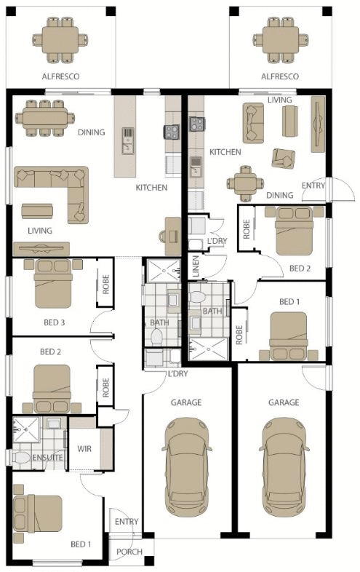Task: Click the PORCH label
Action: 129,552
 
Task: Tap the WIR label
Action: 84,448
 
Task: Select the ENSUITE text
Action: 47,458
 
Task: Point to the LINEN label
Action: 196,266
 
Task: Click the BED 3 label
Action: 54,322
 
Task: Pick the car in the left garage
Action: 186,467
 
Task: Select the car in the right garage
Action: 284,467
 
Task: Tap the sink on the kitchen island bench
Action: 127,140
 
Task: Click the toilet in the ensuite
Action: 21,458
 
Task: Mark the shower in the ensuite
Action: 26,430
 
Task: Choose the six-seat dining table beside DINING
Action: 45,118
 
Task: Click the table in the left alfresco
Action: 60,40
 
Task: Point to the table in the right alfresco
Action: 281,40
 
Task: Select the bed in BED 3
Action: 53,283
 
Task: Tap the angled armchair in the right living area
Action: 284,159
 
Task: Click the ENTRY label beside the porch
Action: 127,522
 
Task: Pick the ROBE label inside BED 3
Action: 105,285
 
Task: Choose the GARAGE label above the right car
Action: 284,402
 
